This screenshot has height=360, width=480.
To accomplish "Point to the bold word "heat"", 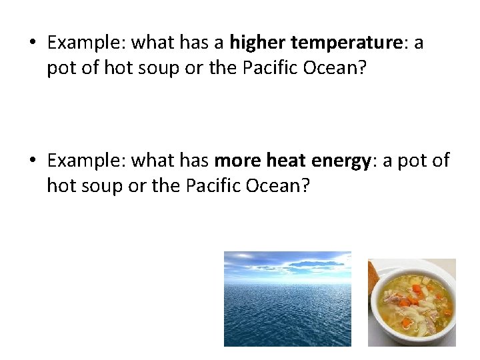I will click(x=285, y=161).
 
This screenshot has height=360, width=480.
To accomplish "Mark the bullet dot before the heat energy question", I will click(x=33, y=161).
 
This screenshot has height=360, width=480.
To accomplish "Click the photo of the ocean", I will click(x=287, y=299).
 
